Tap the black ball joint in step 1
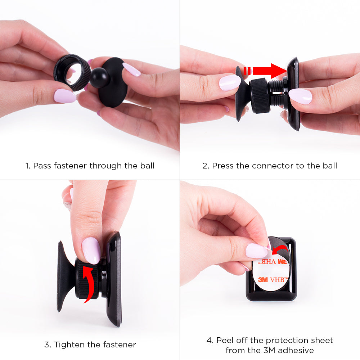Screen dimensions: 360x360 (x=100, y=77)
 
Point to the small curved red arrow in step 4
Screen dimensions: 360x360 (x=280, y=249)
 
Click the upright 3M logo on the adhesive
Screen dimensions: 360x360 (x=263, y=280)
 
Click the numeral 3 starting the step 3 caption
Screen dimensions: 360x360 (x=47, y=345)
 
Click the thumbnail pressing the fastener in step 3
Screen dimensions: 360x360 (x=91, y=251)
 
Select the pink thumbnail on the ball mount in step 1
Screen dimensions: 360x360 (x=131, y=69)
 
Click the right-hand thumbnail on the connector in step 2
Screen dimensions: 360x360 (x=300, y=96)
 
